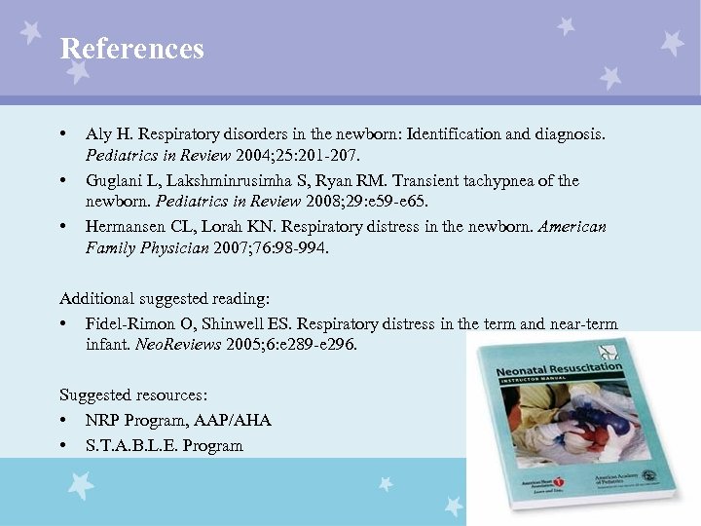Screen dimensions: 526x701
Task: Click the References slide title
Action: coord(131,49)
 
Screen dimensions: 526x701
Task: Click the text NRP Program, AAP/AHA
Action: coord(178,420)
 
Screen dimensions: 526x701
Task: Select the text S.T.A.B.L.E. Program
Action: coord(164,445)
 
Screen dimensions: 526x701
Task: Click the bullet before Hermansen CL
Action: coord(62,226)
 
